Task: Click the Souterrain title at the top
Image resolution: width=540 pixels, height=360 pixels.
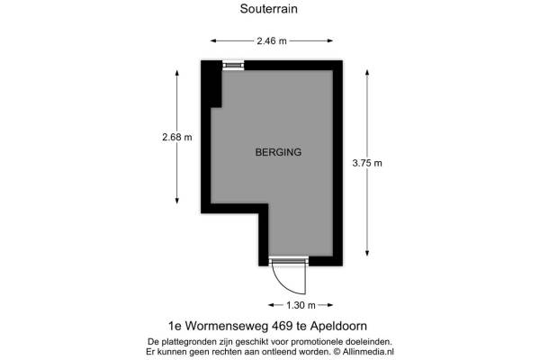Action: (268, 9)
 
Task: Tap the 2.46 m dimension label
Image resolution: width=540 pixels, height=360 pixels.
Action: (272, 41)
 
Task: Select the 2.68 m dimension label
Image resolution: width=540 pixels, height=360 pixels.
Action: (177, 137)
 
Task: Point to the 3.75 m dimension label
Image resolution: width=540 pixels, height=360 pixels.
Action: (367, 163)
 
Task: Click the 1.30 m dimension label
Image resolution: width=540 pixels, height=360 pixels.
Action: (301, 305)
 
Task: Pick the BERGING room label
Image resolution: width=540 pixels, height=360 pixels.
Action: (278, 152)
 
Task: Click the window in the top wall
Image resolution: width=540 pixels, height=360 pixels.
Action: (233, 65)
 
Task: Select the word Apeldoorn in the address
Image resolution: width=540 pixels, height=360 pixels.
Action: (338, 326)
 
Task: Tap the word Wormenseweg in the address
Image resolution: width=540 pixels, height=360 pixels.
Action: (228, 326)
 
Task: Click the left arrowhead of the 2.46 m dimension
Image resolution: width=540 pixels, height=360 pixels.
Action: (213, 41)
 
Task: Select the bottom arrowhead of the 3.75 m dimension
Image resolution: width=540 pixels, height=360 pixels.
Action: (367, 253)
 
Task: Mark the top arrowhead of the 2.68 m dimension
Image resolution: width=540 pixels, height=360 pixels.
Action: (177, 74)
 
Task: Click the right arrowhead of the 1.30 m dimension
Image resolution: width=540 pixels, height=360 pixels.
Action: (330, 305)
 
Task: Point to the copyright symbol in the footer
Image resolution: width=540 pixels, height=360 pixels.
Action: (337, 352)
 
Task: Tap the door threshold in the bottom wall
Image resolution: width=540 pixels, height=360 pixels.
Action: (289, 261)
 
